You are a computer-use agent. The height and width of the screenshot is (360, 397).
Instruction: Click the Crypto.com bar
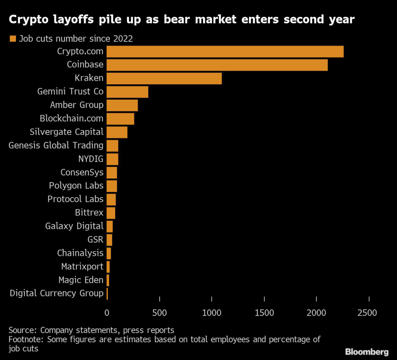pos(225,52)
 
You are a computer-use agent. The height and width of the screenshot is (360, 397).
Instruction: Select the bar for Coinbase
pos(217,65)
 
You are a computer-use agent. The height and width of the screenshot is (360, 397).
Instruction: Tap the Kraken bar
pos(164,78)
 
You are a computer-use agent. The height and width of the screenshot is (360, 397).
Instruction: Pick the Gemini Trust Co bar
pos(127,92)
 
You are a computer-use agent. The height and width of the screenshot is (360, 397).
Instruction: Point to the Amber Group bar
pos(122,105)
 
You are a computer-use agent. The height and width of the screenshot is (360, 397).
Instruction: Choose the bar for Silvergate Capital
pos(117,132)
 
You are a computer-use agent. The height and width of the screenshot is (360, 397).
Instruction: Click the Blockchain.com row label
pos(72,118)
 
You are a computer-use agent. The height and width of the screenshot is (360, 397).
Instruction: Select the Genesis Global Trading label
pos(56,145)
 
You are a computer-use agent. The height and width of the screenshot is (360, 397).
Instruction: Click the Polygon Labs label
pos(76,185)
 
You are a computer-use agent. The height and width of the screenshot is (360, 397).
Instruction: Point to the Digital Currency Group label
pos(57,293)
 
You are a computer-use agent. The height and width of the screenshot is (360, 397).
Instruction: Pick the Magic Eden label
pos(81,280)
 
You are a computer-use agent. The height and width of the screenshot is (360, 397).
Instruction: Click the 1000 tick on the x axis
pos(212,313)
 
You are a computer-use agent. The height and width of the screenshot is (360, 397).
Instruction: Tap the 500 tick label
pos(159,313)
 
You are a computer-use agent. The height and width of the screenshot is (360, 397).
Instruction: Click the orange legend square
pos(12,38)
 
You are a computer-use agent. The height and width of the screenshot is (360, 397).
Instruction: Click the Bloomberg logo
pos(366,352)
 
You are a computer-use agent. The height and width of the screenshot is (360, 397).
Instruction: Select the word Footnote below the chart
pos(24,339)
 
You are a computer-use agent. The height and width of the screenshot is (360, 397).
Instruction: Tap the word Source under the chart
pos(22,330)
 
